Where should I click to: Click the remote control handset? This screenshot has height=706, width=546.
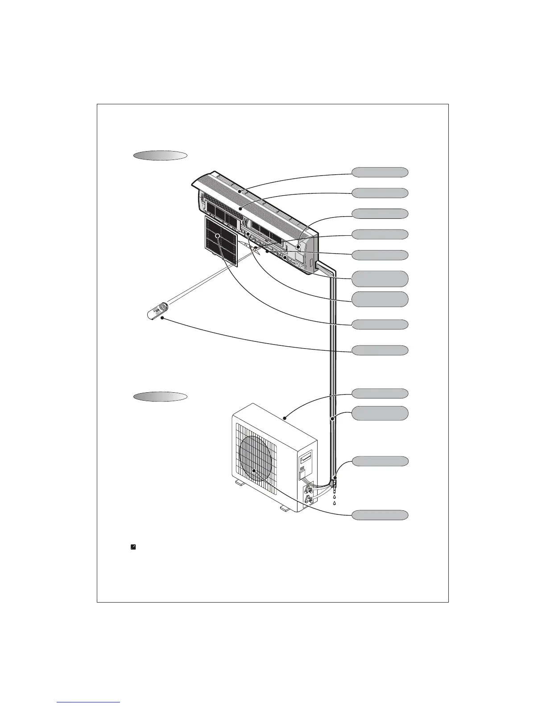[157, 311]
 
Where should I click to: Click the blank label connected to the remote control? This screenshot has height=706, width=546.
[380, 350]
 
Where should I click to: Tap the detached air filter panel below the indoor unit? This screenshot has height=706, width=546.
[221, 241]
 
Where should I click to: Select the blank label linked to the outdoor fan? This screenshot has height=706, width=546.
[380, 515]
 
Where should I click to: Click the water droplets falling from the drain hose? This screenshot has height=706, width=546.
[335, 500]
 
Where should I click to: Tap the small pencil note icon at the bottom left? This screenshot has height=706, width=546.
[133, 546]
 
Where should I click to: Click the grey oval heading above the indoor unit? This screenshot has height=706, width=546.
[160, 156]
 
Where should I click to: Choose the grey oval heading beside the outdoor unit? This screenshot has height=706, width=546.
[160, 397]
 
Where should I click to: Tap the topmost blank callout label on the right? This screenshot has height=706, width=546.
[380, 172]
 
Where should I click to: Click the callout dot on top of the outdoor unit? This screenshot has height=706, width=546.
[285, 418]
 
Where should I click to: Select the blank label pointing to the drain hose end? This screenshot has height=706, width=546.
[380, 461]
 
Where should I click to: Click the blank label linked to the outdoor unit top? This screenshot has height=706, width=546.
[380, 393]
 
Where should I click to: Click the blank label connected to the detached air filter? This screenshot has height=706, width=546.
[380, 324]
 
